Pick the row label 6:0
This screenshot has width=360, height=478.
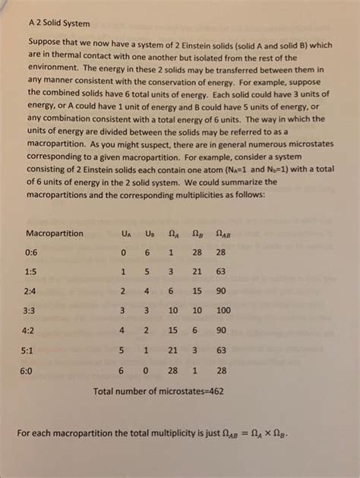click(33, 370)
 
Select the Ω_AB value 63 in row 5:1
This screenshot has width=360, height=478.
click(221, 351)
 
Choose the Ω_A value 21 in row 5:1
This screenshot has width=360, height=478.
click(172, 351)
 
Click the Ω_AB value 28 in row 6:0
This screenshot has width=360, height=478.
click(221, 370)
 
